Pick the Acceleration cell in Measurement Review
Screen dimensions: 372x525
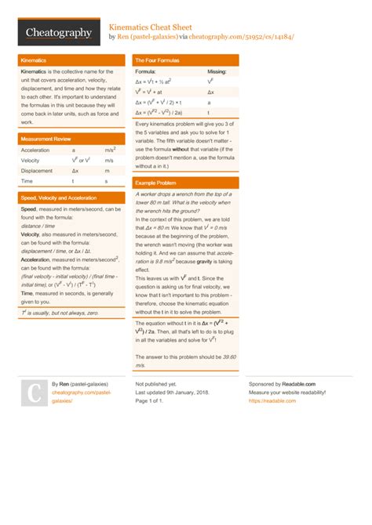[x=35, y=150]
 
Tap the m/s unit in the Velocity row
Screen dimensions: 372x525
[x=109, y=160]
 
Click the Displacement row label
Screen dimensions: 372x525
[x=37, y=170]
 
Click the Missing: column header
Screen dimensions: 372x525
[x=217, y=71]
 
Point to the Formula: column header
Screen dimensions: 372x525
[x=146, y=71]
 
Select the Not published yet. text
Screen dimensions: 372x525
[x=155, y=384]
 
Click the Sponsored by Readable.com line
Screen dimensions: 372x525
[x=282, y=384]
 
